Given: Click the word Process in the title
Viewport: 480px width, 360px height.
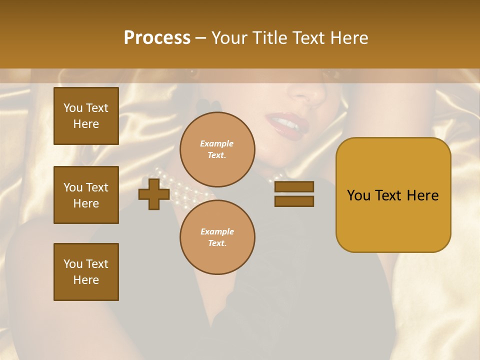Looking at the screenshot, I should pyautogui.click(x=157, y=37).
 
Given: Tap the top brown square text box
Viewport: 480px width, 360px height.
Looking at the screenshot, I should pyautogui.click(x=86, y=116).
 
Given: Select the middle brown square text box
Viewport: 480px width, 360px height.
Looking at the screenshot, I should pyautogui.click(x=86, y=195).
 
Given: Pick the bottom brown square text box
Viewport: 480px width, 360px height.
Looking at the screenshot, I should pyautogui.click(x=86, y=272).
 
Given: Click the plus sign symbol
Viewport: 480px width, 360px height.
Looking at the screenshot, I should pyautogui.click(x=154, y=193).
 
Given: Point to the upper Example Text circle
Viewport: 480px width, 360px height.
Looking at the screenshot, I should pyautogui.click(x=217, y=149).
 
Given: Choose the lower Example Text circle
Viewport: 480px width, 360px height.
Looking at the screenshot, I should pyautogui.click(x=217, y=237).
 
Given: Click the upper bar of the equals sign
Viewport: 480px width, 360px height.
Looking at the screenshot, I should pyautogui.click(x=294, y=186).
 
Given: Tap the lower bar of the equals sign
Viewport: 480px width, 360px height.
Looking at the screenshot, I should pyautogui.click(x=294, y=201).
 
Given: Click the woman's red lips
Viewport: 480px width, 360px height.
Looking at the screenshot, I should pyautogui.click(x=283, y=122).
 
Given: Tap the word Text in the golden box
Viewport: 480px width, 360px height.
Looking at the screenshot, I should pyautogui.click(x=391, y=195).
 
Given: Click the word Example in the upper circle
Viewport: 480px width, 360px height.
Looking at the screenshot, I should pyautogui.click(x=216, y=143).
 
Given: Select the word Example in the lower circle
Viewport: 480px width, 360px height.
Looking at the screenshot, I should pyautogui.click(x=217, y=231).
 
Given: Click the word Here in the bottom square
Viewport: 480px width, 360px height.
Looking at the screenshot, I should pyautogui.click(x=86, y=280).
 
